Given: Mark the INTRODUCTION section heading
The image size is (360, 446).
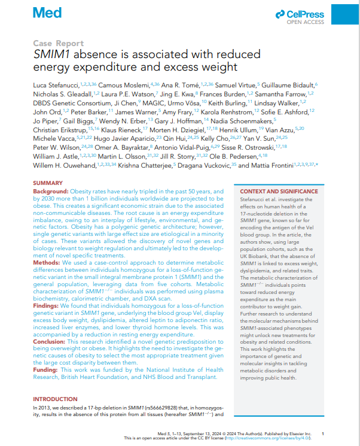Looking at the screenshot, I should click(55, 399).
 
